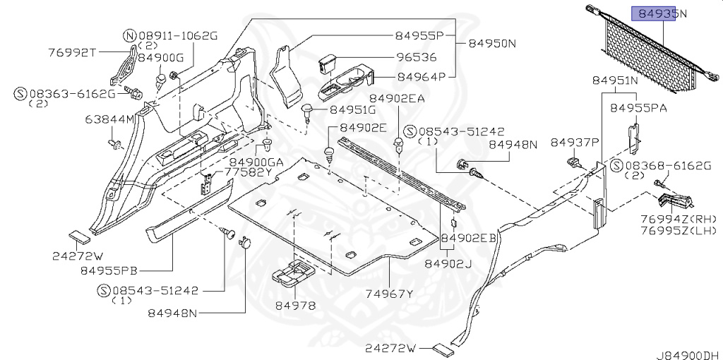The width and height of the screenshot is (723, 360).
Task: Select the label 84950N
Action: point(490,43)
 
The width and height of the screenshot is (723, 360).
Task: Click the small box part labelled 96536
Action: point(327,63)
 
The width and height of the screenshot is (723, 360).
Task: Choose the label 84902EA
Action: point(397,99)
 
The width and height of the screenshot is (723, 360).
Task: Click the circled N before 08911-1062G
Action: point(129,35)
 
